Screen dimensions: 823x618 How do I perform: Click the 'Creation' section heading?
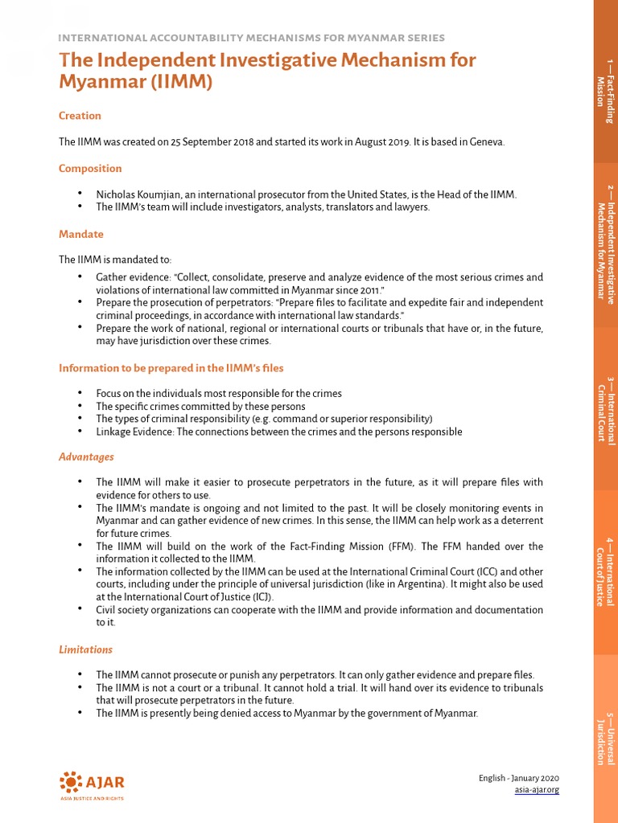pyautogui.click(x=80, y=116)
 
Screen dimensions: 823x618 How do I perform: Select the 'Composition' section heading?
pyautogui.click(x=90, y=169)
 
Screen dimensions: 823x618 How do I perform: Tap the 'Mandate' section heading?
pyautogui.click(x=80, y=235)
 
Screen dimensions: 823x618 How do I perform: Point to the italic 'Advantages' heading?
pyautogui.click(x=86, y=457)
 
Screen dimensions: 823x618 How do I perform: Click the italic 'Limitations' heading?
pyautogui.click(x=85, y=649)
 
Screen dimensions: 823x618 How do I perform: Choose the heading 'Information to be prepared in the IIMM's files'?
pyautogui.click(x=171, y=368)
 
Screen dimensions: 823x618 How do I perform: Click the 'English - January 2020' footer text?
pyautogui.click(x=518, y=778)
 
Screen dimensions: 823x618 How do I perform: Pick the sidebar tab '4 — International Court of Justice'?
pyautogui.click(x=605, y=571)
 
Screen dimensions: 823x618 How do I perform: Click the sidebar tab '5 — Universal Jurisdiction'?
pyautogui.click(x=605, y=739)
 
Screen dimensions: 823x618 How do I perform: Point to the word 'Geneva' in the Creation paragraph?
pyautogui.click(x=486, y=141)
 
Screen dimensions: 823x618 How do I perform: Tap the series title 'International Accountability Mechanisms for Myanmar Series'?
pyautogui.click(x=252, y=38)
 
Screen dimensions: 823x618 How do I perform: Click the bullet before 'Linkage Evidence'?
pyautogui.click(x=80, y=432)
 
